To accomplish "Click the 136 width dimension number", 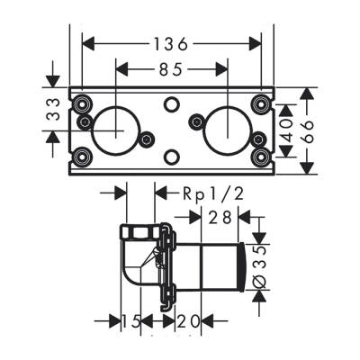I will [172, 42].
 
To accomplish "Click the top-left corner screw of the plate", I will [82, 102].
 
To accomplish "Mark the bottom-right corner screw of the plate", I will [261, 157].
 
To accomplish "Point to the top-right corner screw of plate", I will [261, 102].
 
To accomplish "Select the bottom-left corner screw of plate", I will [82, 157].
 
